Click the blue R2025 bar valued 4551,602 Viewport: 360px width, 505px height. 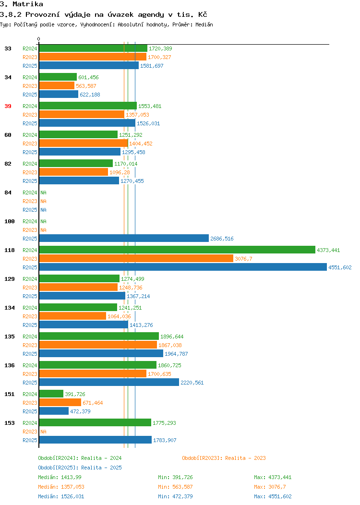click(x=183, y=267)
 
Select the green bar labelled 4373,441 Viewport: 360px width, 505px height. click(x=177, y=250)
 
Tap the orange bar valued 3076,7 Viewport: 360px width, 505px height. click(x=136, y=258)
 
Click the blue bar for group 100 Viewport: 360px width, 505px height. click(x=124, y=238)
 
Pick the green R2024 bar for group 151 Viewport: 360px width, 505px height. click(x=51, y=394)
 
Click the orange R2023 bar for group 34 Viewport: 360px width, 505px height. click(x=57, y=85)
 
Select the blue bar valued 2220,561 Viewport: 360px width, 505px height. click(x=109, y=382)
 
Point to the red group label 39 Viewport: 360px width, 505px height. click(x=8, y=106)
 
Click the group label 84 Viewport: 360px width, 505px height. click(x=8, y=192)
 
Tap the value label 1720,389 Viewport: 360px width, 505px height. click(x=160, y=48)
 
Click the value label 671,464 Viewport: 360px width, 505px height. click(x=93, y=403)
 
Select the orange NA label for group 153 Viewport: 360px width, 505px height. click(x=44, y=431)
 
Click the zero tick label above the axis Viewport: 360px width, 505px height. click(x=39, y=39)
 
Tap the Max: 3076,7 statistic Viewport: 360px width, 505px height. click(x=270, y=487)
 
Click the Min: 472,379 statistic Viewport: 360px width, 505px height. click(x=176, y=496)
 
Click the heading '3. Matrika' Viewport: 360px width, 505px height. click(x=22, y=4)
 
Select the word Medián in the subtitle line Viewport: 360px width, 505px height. click(x=204, y=24)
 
